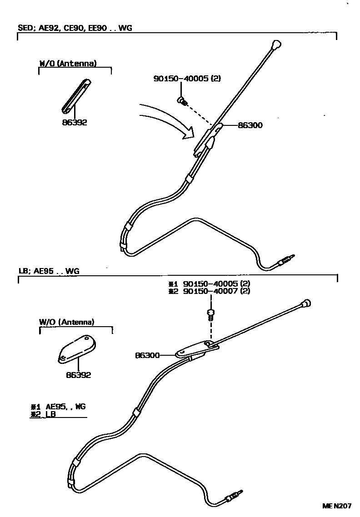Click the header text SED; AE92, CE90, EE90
click(63, 28)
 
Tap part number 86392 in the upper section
click(75, 122)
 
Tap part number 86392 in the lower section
click(78, 375)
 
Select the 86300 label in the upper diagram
click(250, 125)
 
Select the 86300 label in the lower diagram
click(147, 355)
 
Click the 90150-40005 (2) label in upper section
click(187, 79)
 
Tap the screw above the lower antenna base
click(210, 313)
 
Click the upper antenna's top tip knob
click(275, 45)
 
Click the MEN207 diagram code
click(337, 506)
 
